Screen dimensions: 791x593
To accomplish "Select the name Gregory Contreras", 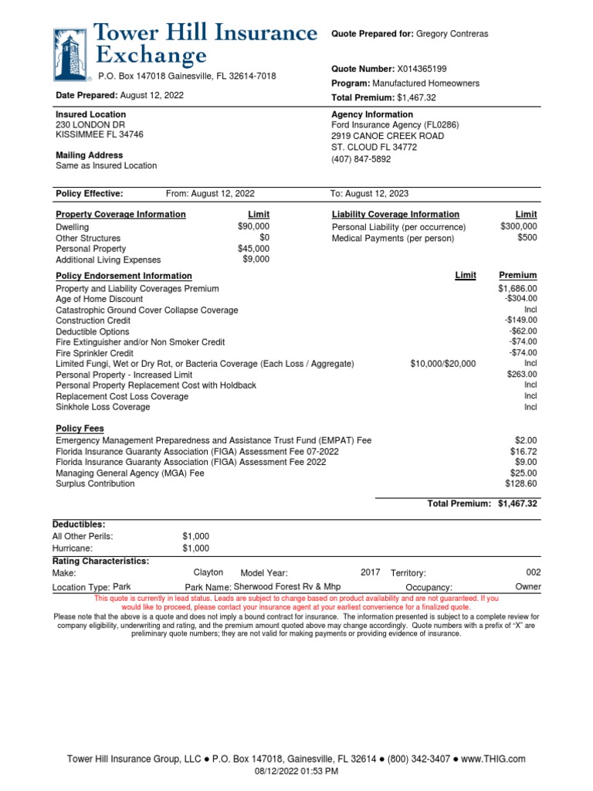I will coord(452,35).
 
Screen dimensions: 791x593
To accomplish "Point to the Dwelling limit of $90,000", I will coord(253,226).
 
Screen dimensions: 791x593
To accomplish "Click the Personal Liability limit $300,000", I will coord(518,226).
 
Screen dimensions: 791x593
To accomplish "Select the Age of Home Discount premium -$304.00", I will coord(520,299).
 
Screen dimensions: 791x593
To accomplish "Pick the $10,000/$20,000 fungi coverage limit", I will coord(443,364).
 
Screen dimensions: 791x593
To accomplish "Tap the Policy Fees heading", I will coord(80,428).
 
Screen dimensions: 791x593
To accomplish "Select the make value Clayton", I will coord(208,572).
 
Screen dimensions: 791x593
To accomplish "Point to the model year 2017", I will coord(371,572).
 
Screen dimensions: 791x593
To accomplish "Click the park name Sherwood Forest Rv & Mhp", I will coord(286,587).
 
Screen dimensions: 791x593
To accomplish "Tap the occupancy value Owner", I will coord(528,587).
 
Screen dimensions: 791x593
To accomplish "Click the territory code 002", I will coord(533,572).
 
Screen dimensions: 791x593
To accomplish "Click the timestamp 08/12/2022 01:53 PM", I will coord(296,771).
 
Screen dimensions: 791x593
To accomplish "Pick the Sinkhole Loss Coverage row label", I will coord(103,407).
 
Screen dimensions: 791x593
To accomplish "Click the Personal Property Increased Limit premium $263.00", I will coord(523,375).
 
